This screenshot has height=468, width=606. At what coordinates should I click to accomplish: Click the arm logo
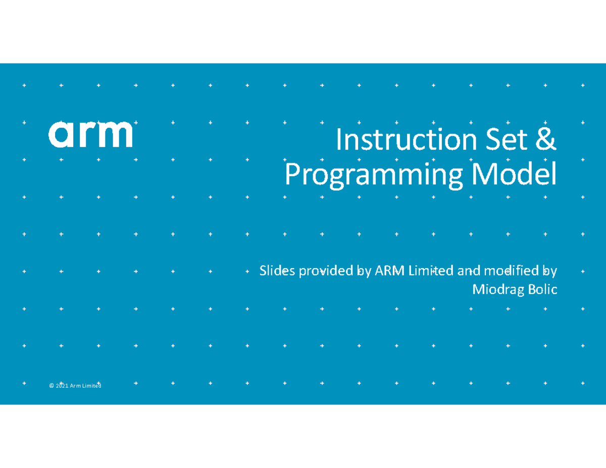(90, 134)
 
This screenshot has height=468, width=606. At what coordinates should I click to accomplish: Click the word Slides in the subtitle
(277, 271)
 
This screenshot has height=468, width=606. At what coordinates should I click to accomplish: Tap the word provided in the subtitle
(326, 272)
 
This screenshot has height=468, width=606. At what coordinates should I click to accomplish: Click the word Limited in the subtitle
(431, 271)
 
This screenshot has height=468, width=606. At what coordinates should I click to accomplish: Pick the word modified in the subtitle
(511, 271)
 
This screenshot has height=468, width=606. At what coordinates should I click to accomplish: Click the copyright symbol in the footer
(52, 386)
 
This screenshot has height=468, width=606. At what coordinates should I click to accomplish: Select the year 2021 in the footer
(62, 386)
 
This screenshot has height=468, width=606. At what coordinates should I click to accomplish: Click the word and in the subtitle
(469, 271)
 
